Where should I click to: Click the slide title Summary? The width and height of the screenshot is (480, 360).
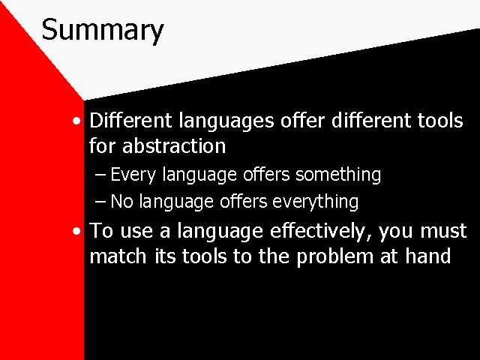point(103,31)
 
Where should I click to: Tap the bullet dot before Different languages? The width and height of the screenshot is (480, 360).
point(76,121)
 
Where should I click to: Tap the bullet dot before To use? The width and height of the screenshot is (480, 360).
point(76,231)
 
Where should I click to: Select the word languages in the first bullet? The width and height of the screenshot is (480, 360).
point(226,121)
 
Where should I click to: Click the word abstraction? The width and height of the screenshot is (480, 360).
point(174,145)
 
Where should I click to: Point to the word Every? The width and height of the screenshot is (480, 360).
point(133,175)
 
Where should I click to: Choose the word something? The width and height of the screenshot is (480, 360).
point(338,175)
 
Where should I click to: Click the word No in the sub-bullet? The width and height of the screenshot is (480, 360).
point(121,202)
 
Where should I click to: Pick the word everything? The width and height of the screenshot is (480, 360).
point(315,202)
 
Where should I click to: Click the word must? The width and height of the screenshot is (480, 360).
point(443,232)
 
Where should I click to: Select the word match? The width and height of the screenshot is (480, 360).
point(118,256)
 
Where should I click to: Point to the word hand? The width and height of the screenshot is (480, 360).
point(428,256)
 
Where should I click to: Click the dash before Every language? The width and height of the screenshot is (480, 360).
point(100,175)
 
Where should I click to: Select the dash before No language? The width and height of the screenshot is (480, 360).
point(100,202)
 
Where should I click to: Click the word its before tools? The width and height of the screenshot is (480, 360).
point(165,256)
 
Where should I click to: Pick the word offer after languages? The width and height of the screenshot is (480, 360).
point(302,120)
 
